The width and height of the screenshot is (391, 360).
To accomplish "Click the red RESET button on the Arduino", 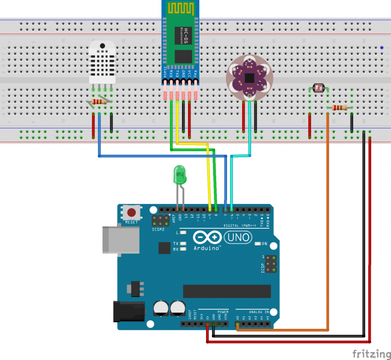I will point(131,212).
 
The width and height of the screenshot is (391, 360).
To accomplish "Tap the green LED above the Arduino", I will point(179,175).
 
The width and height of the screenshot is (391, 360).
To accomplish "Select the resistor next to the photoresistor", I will point(340,108).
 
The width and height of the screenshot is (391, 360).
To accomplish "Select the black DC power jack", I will point(129,311).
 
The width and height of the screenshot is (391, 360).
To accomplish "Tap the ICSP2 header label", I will point(159,229).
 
